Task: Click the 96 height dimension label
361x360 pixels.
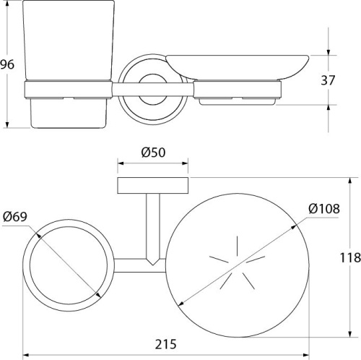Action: pos(7,64)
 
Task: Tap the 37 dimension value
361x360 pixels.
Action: pos(328,80)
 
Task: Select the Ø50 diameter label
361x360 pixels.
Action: pos(153,153)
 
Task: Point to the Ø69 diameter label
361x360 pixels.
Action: pos(15,217)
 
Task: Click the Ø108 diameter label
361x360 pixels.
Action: pos(324,208)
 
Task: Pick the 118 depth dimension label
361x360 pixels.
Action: pos(350,257)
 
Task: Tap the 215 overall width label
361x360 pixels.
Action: pos(165,344)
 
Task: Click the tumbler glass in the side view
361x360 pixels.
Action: pos(69,40)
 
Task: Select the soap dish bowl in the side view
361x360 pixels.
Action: pos(237,67)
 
